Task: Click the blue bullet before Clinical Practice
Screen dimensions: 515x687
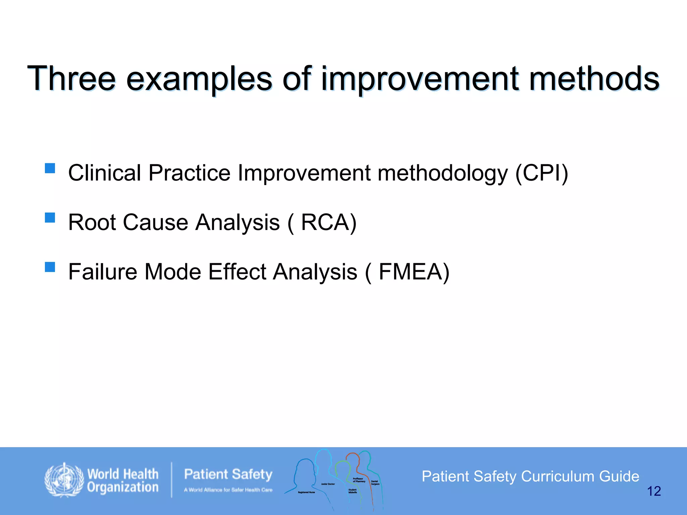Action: tap(50, 168)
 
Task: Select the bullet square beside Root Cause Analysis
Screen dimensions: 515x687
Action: tap(50, 218)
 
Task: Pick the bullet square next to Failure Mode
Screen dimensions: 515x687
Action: tap(50, 267)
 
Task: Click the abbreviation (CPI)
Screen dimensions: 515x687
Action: tap(541, 173)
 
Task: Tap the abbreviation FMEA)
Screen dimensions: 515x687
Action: tap(414, 272)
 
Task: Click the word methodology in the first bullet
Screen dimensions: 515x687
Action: tap(442, 173)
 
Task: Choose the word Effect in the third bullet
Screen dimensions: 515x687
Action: tap(237, 272)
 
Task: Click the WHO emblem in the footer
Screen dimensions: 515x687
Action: tap(64, 480)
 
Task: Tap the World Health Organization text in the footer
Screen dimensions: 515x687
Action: tap(122, 480)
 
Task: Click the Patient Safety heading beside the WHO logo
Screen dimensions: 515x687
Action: tap(228, 474)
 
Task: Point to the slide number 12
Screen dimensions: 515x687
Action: tap(653, 492)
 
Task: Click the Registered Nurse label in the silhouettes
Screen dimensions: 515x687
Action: tap(306, 492)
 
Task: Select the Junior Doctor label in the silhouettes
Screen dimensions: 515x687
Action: tap(328, 484)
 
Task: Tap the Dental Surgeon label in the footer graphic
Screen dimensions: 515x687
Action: tap(375, 482)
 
